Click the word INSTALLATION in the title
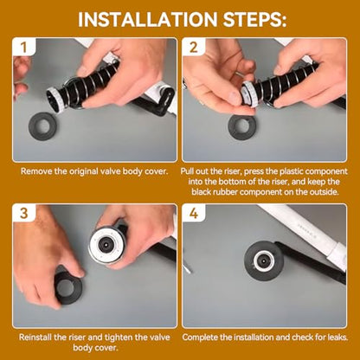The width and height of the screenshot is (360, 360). point(147,19)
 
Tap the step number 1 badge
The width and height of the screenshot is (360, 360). point(24,47)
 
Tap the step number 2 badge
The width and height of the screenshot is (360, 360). point(194,47)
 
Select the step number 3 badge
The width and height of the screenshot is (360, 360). point(24,213)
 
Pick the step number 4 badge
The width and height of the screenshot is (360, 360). point(194,213)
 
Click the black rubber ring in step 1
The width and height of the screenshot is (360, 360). point(42,126)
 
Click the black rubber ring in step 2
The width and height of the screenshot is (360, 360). point(242,126)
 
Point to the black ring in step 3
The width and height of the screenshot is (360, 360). point(68,287)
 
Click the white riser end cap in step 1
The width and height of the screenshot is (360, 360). point(55,100)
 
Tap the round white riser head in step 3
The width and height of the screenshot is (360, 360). point(106,245)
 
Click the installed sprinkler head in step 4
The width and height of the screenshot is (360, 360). point(264,261)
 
